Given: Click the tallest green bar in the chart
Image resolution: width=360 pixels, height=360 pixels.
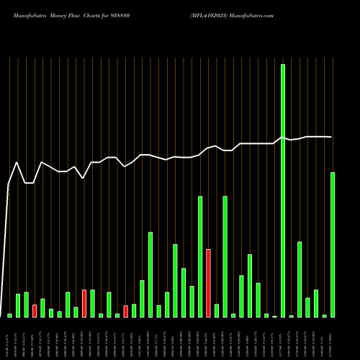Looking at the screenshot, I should pos(283,191).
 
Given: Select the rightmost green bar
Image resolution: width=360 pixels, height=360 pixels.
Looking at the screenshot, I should pos(333,245).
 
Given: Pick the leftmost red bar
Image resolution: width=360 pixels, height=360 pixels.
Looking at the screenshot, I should pos(35,311).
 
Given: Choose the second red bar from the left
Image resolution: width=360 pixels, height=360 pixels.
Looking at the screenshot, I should pos(84,303).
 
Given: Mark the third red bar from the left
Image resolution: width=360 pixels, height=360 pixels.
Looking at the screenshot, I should pos(125,311).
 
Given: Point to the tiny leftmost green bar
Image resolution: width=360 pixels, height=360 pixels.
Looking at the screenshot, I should pos(10,315).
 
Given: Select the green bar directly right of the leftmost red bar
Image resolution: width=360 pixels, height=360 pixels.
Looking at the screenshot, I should pos(42,308).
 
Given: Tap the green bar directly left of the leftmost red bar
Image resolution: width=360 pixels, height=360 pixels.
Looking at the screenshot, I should pos(27,305).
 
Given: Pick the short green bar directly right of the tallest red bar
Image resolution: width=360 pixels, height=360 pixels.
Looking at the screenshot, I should pos(217,310).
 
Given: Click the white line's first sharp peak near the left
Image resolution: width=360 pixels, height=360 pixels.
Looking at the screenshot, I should pos(17,163).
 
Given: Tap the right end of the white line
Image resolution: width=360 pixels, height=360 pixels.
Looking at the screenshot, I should pos(332,137).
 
